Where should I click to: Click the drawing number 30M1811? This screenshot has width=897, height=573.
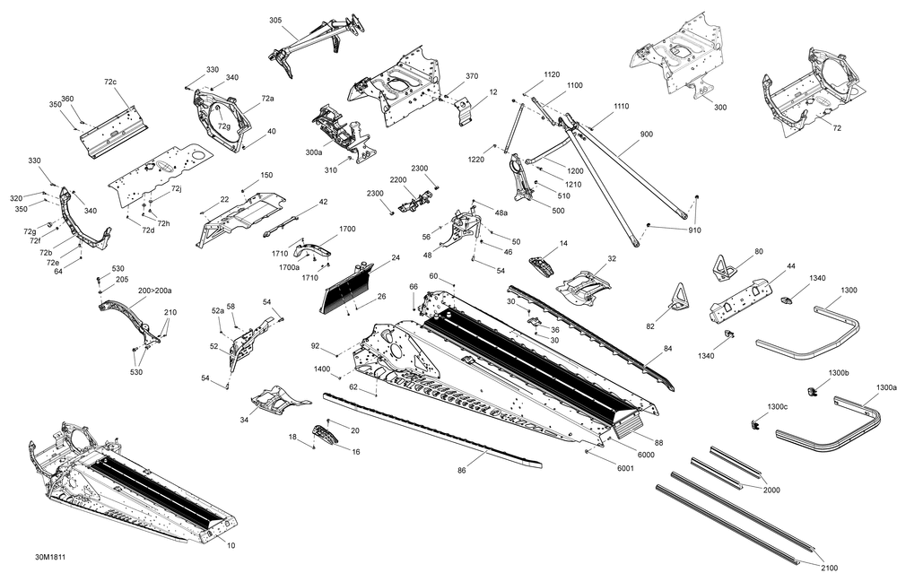pos(49,557)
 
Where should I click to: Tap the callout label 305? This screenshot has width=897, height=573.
pos(275,21)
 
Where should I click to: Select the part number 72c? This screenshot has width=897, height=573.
pos(110,82)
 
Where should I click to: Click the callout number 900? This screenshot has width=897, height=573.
pos(647,135)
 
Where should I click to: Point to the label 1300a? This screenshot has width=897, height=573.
pos(886,387)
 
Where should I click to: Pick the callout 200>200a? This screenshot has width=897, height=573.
pos(154,291)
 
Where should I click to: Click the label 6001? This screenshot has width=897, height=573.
pos(625,468)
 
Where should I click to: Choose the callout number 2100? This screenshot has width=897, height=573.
pos(829,568)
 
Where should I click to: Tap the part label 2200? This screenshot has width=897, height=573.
pos(398,179)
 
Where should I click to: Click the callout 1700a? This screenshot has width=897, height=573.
pos(289,267)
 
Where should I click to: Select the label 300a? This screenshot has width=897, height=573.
pos(313,152)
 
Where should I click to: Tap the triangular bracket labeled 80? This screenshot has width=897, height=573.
pos(724,268)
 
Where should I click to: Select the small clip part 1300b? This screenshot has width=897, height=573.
pos(811,391)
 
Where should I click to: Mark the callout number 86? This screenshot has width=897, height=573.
pos(462,470)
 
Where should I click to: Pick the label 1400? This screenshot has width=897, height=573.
pos(322,369)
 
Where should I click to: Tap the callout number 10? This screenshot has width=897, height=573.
pos(231,545)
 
